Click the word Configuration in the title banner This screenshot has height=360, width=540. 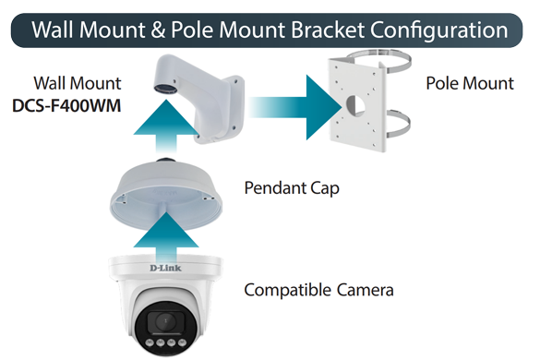coord(439,30)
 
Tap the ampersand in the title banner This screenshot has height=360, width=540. coord(158,30)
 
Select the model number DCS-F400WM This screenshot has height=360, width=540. coord(66,106)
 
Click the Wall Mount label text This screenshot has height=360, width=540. coord(78,83)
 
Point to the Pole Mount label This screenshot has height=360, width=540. coord(470,83)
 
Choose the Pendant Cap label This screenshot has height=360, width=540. coord(292,188)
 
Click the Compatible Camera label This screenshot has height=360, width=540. coord(318,290)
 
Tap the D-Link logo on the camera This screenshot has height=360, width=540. coord(165,268)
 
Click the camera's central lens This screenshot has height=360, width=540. coord(164,322)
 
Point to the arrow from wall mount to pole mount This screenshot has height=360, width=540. coord(295,107)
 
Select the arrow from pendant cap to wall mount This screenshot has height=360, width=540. coord(166,126)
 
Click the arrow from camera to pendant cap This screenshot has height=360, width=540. coord(166,238)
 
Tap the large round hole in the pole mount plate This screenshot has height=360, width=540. coord(355,104)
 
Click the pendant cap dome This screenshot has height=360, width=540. coord(166,195)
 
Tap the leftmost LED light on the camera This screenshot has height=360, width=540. coord(150,342)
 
